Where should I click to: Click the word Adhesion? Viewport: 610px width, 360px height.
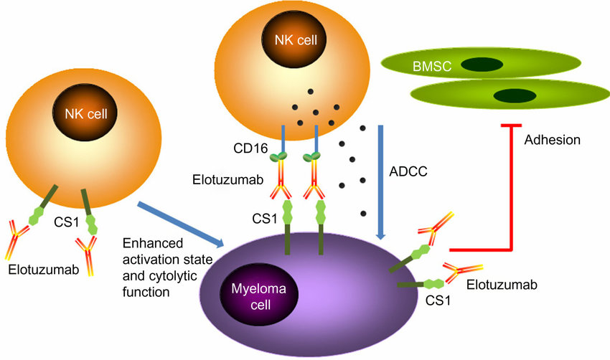tap(553, 140)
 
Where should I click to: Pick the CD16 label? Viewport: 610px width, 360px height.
tap(250, 148)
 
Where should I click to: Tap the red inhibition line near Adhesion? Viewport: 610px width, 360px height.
tap(510, 194)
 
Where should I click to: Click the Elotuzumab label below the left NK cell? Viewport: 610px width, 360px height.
tap(39, 270)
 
